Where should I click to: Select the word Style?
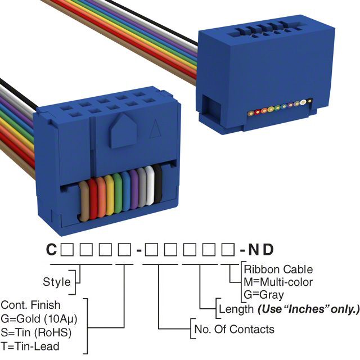(x=57, y=282)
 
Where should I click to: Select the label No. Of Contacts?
(x=234, y=329)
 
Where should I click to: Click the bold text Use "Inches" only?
(x=308, y=309)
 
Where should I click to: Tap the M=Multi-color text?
(x=278, y=282)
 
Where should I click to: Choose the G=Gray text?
(x=264, y=294)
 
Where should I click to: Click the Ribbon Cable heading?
(x=278, y=269)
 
